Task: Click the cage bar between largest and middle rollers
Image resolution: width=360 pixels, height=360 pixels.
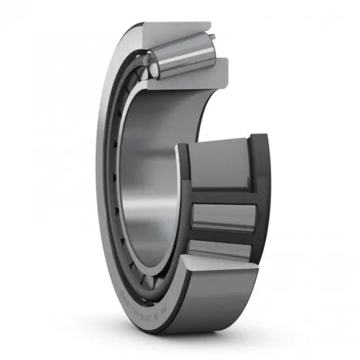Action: (223, 194)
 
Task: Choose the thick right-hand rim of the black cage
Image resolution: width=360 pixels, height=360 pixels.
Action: (261, 196)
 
